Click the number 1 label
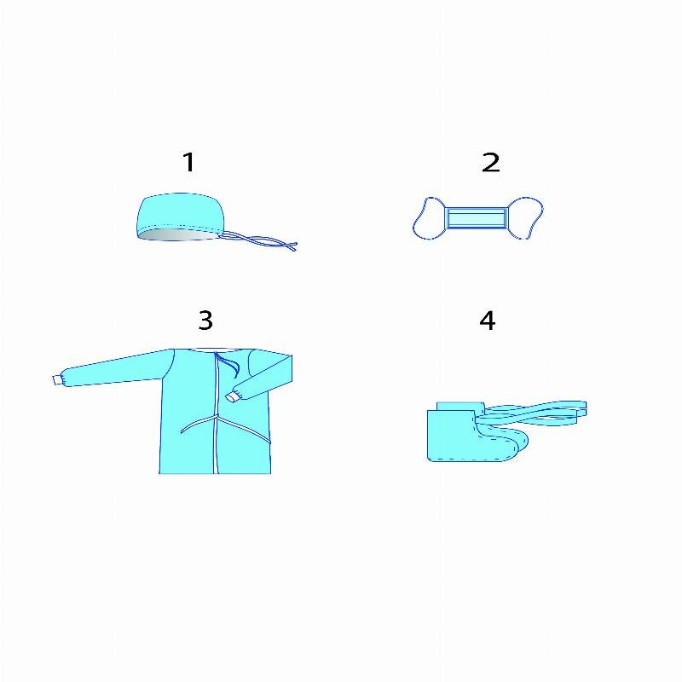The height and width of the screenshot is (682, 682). click(x=188, y=162)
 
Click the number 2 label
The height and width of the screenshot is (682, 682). click(x=491, y=162)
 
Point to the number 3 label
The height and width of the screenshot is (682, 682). click(x=205, y=321)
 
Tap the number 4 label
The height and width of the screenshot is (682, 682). click(x=487, y=321)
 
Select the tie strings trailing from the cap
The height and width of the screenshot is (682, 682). click(x=259, y=241)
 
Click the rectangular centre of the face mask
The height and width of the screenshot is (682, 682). click(x=477, y=218)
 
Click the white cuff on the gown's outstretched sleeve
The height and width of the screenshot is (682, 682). click(x=57, y=379)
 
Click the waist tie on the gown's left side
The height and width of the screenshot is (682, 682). click(x=198, y=424)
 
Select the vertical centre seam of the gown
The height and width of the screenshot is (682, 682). click(x=216, y=413)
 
